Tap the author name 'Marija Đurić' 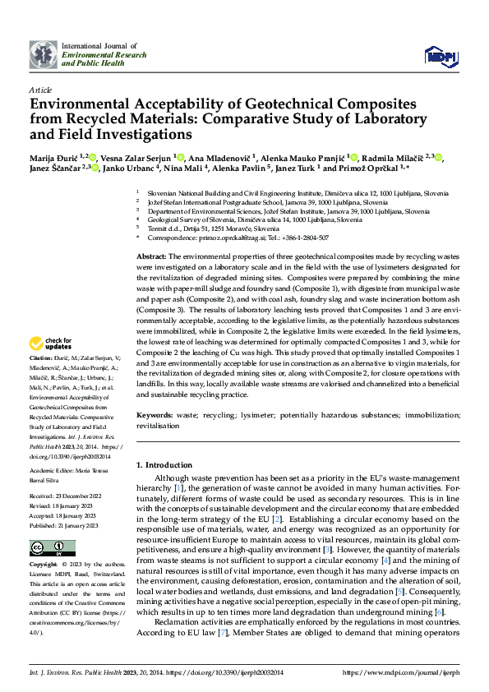click(54, 157)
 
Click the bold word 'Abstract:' click(152, 257)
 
